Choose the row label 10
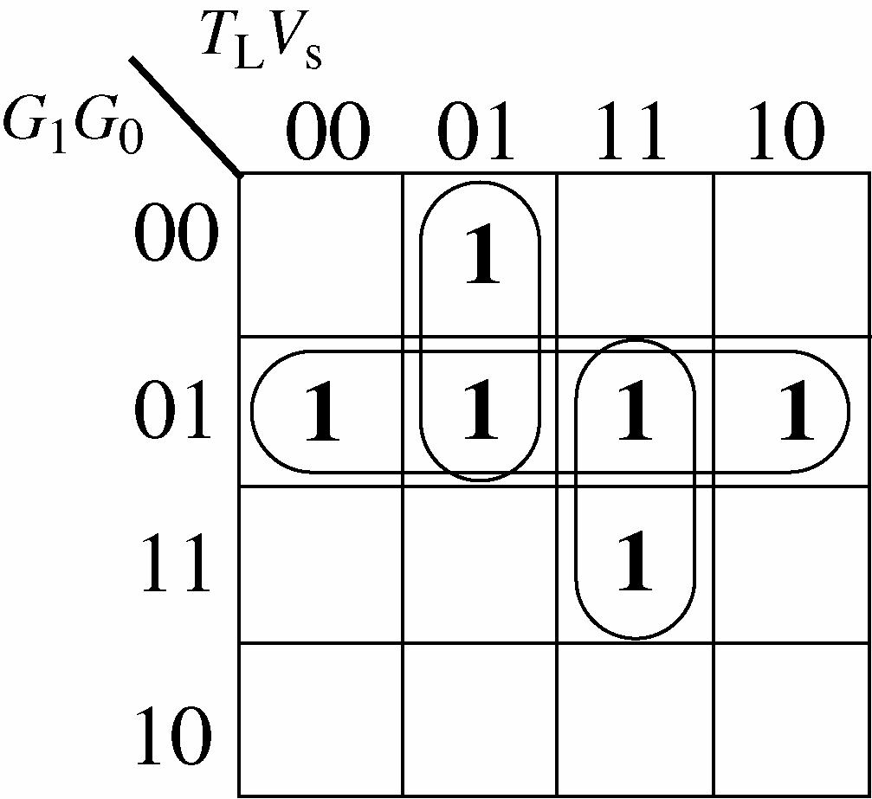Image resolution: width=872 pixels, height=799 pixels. coord(173,737)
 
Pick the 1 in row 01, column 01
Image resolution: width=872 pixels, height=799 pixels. coord(481,413)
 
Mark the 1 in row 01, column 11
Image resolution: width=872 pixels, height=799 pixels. coord(635,413)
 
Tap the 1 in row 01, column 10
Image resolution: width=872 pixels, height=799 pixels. coord(796,413)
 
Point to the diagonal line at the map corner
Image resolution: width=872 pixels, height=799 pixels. coord(184,116)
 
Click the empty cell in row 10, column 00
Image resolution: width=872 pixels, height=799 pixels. coord(320,718)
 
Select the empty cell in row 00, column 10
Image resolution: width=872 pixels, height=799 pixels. coord(791,255)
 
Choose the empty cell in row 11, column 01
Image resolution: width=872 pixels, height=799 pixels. coord(479,564)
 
